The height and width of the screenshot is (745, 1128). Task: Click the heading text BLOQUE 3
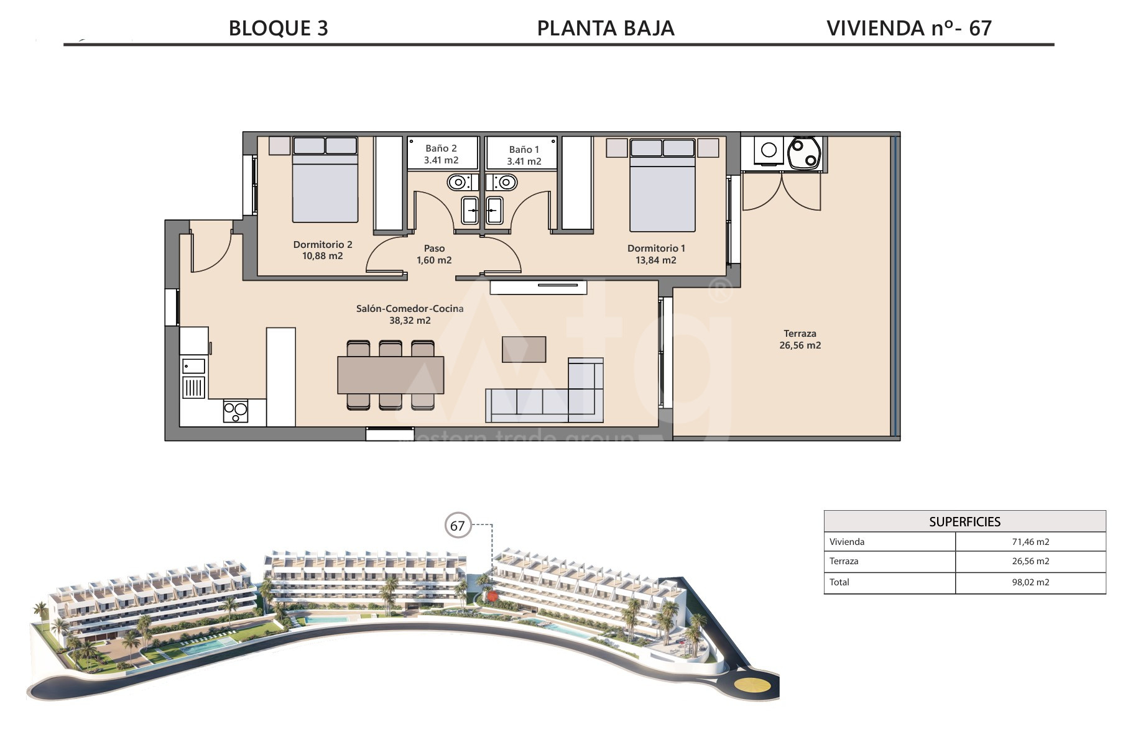click(x=278, y=28)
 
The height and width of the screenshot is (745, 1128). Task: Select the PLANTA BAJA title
click(x=606, y=28)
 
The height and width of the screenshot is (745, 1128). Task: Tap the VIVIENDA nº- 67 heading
click(x=908, y=28)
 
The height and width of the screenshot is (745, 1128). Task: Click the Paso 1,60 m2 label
click(x=434, y=254)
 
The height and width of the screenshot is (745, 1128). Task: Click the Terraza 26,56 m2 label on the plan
click(x=800, y=339)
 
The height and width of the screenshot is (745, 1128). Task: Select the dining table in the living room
click(x=391, y=375)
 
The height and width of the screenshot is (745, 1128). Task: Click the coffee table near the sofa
click(x=524, y=349)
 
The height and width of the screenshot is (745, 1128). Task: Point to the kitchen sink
click(x=193, y=366)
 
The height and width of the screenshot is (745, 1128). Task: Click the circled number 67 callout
click(x=458, y=526)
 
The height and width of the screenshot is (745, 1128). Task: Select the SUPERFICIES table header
click(x=964, y=522)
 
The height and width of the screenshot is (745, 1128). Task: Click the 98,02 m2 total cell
click(x=1030, y=582)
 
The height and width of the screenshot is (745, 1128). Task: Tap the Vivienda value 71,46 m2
click(x=1030, y=542)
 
